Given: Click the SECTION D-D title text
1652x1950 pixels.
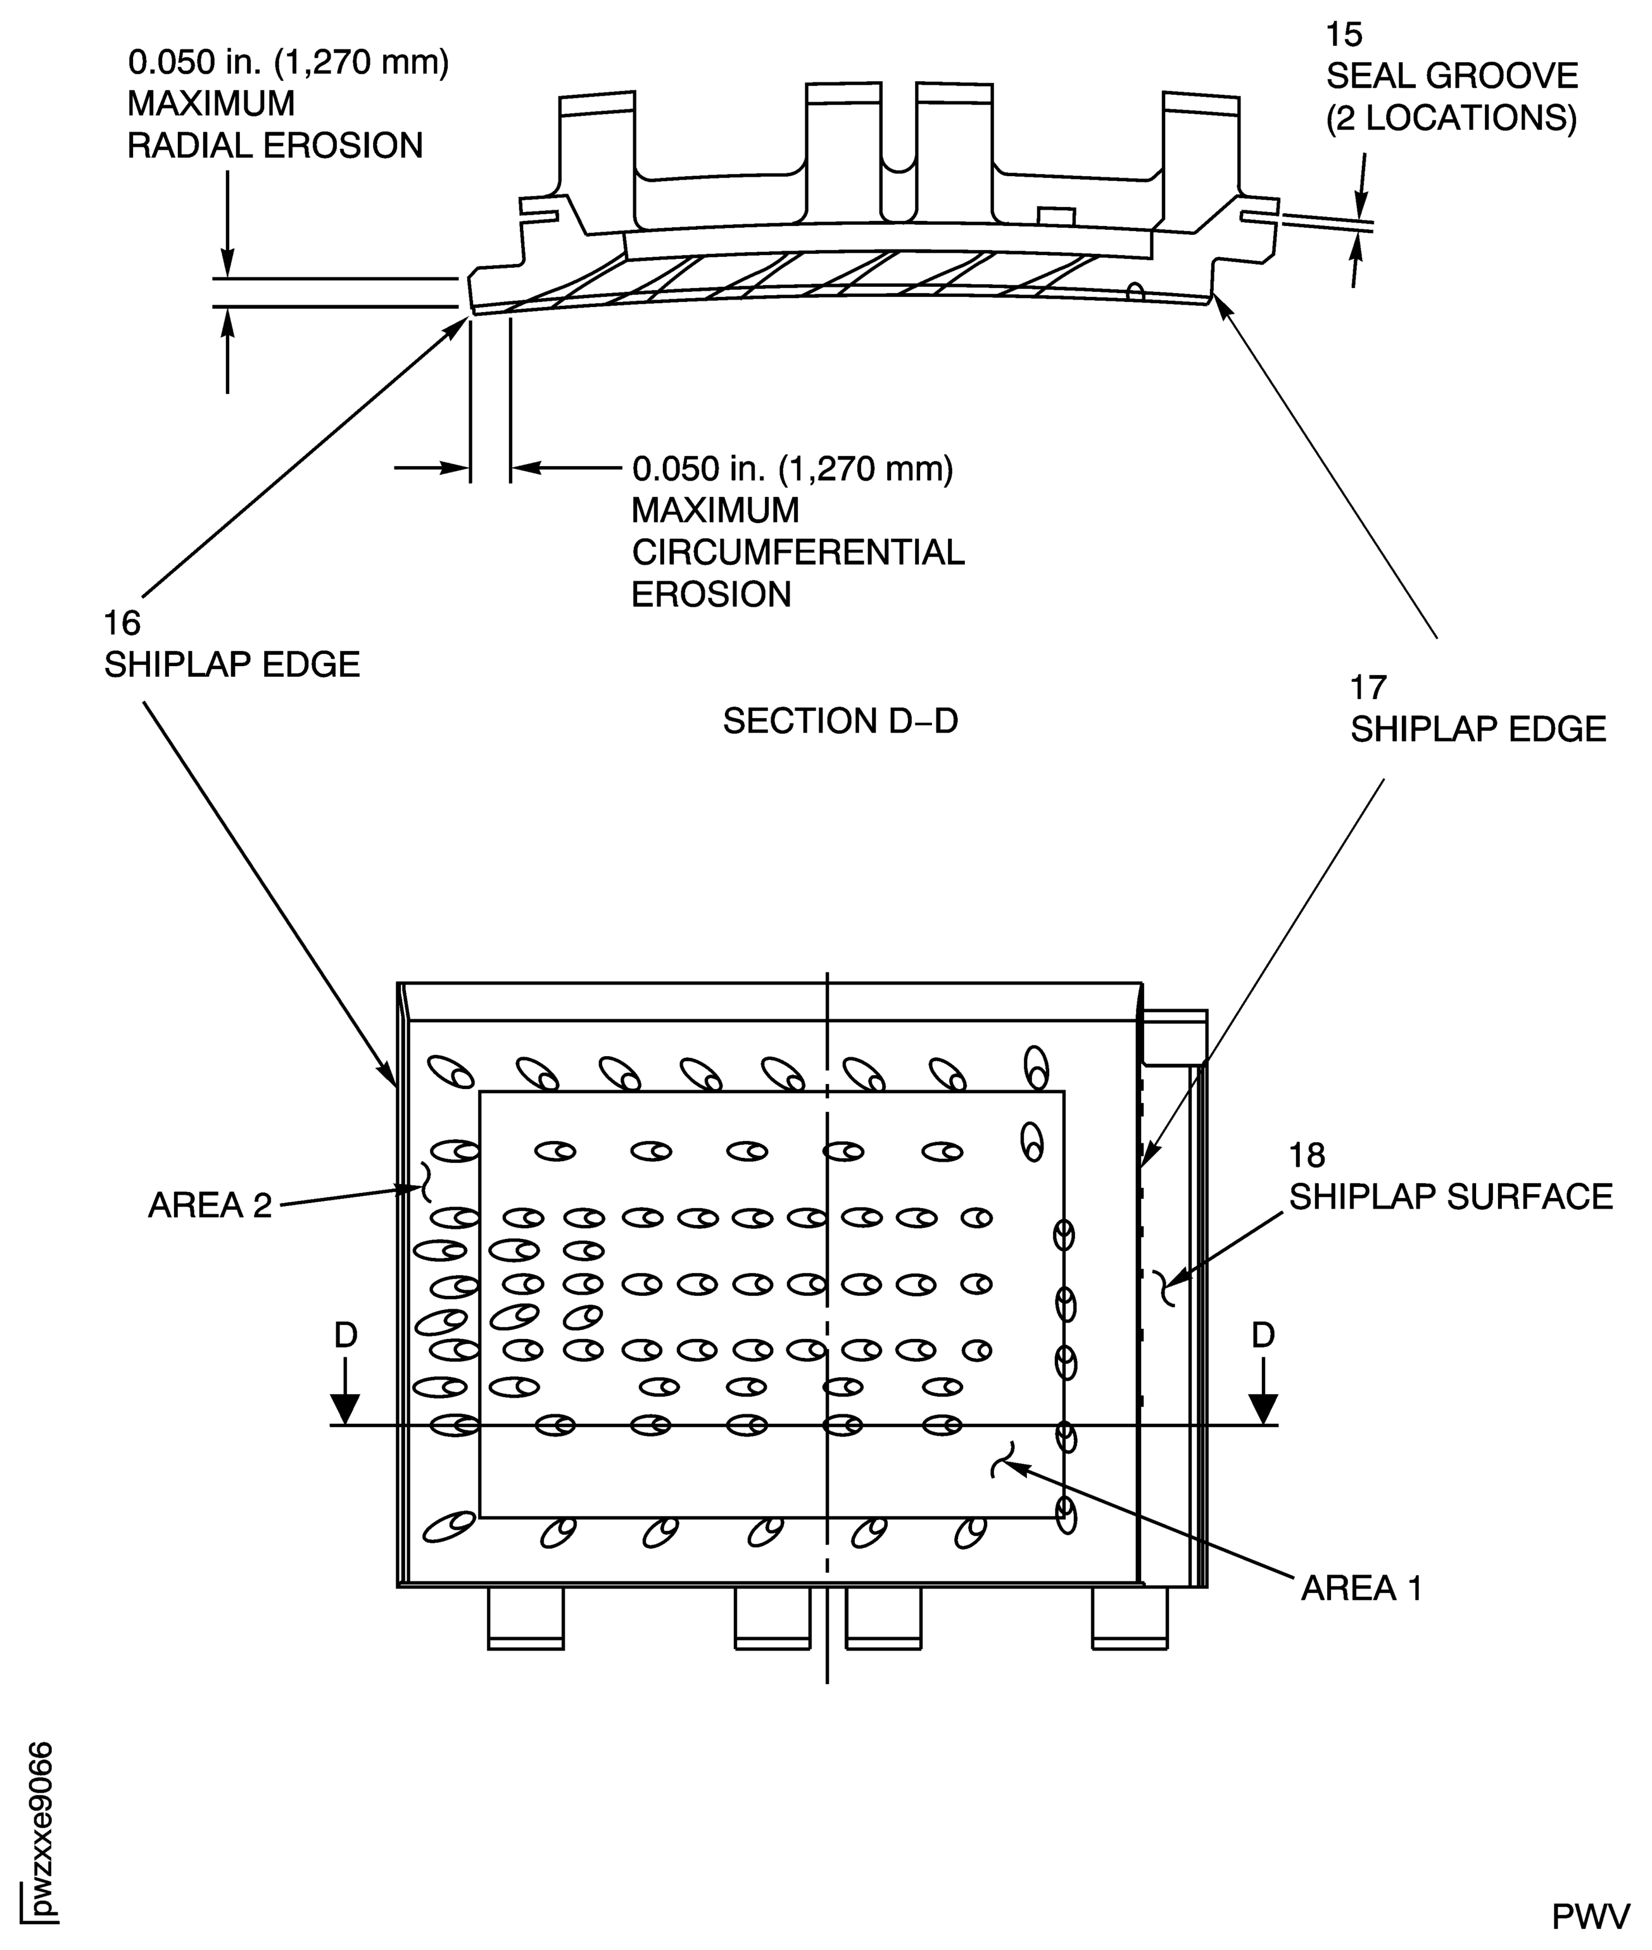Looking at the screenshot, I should [840, 722].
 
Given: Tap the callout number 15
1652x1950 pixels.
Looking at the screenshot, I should [1344, 35].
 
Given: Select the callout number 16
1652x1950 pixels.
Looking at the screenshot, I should [122, 624].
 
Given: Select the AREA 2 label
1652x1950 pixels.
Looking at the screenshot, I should [210, 1205].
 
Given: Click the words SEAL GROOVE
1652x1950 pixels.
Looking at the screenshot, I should [1451, 76].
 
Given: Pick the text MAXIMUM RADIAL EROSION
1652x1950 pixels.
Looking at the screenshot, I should [274, 125].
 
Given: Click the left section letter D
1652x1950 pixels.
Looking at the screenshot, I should [346, 1335].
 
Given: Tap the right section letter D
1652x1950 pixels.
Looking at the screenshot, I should [1263, 1335].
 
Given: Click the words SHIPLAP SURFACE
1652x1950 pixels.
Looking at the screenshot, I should [1451, 1197].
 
